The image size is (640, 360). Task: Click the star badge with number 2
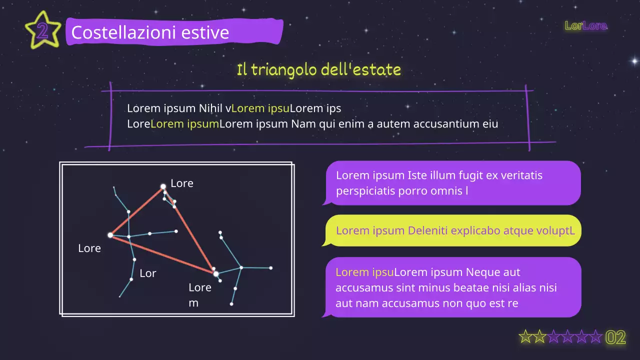pyautogui.click(x=42, y=31)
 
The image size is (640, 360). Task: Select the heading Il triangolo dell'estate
pyautogui.click(x=319, y=69)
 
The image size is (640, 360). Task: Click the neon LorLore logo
pyautogui.click(x=585, y=25)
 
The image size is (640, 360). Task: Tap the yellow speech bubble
pyautogui.click(x=453, y=230)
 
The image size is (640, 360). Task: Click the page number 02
pyautogui.click(x=615, y=338)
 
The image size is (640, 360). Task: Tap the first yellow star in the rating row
pyautogui.click(x=525, y=337)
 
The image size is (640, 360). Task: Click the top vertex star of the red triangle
pyautogui.click(x=163, y=186)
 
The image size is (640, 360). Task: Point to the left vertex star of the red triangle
pyautogui.click(x=110, y=235)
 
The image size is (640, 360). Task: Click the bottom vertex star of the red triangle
pyautogui.click(x=216, y=273)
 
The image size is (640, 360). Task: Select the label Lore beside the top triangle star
pyautogui.click(x=182, y=183)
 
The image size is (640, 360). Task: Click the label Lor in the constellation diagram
pyautogui.click(x=148, y=273)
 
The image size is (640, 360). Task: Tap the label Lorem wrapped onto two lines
pyautogui.click(x=199, y=295)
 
